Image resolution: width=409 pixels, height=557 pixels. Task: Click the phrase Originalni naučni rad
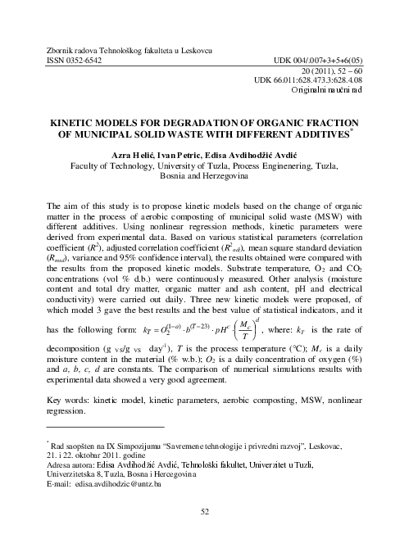pos(350,97)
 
